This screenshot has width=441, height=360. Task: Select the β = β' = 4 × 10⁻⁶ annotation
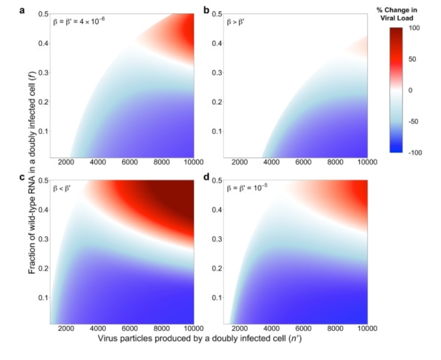click(79, 23)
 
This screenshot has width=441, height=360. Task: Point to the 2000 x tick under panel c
click(66, 328)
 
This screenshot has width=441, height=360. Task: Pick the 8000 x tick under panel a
click(162, 162)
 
